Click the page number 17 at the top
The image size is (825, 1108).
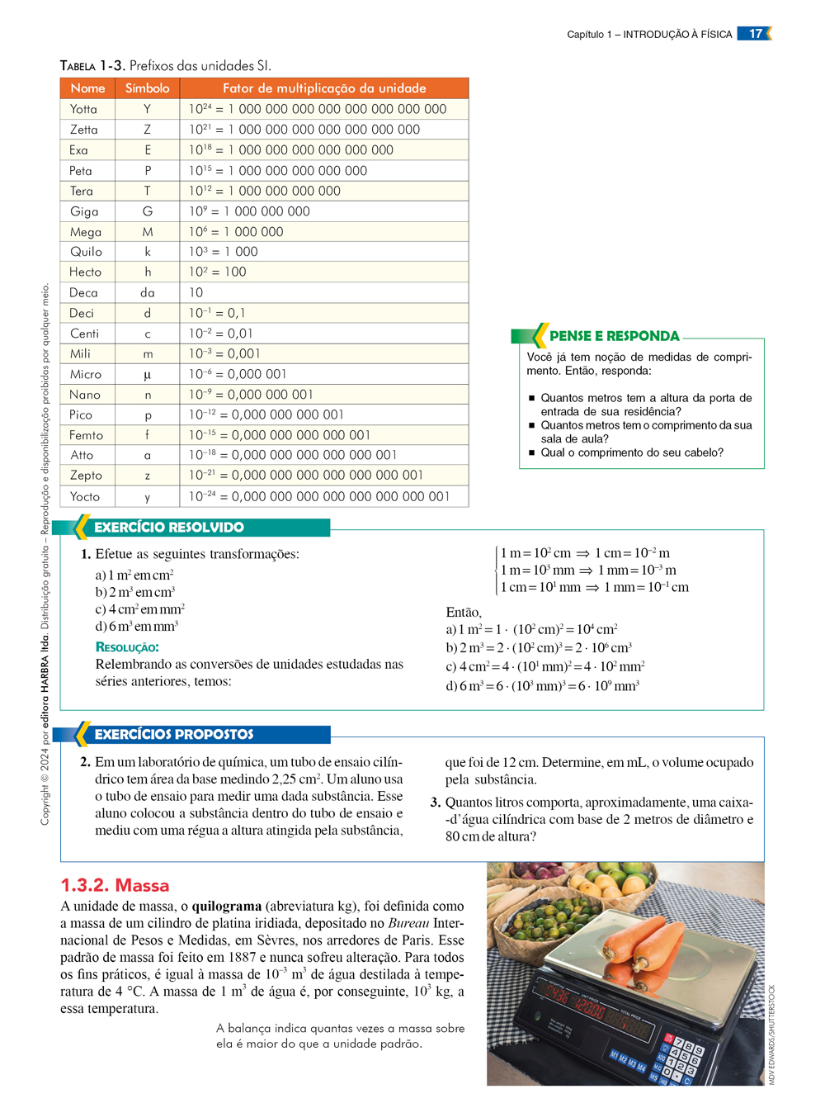[x=755, y=34]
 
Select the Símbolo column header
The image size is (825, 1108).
[x=147, y=88]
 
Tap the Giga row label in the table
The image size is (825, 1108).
[x=84, y=211]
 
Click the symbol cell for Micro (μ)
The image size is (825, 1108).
[x=148, y=374]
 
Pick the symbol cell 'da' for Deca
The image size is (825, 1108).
[x=148, y=292]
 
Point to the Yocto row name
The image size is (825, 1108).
[x=85, y=496]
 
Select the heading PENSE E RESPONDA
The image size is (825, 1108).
[x=614, y=336]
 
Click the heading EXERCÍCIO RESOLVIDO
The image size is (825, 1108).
[x=169, y=528]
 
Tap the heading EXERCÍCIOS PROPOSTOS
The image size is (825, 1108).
[x=174, y=734]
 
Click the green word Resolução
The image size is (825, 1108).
[x=127, y=647]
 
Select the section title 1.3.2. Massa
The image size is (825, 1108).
[x=115, y=885]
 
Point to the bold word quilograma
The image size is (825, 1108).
[x=227, y=906]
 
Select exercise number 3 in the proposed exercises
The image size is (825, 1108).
[x=435, y=803]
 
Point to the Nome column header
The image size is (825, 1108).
[x=87, y=88]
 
